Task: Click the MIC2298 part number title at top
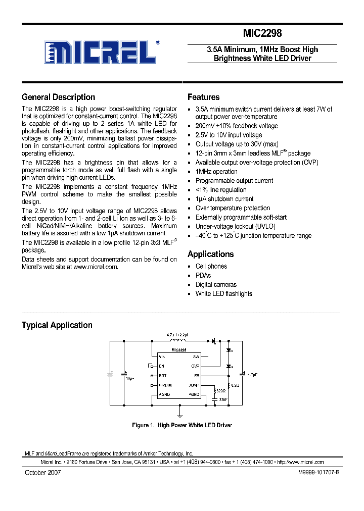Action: (x=262, y=33)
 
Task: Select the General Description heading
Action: (x=58, y=97)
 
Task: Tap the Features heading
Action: (x=203, y=97)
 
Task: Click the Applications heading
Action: (x=210, y=254)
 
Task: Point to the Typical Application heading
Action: (x=57, y=325)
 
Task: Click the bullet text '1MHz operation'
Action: (x=216, y=172)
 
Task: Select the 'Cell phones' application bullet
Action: (x=211, y=266)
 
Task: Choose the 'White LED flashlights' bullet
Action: (x=223, y=293)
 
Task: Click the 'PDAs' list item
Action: (x=203, y=275)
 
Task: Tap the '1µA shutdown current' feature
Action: (x=224, y=199)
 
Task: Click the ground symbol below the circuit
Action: (x=178, y=413)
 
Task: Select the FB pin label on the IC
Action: (x=197, y=376)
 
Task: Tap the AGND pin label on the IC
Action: (x=164, y=394)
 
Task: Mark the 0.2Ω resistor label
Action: (x=234, y=385)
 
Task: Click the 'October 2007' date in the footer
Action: (x=43, y=472)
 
